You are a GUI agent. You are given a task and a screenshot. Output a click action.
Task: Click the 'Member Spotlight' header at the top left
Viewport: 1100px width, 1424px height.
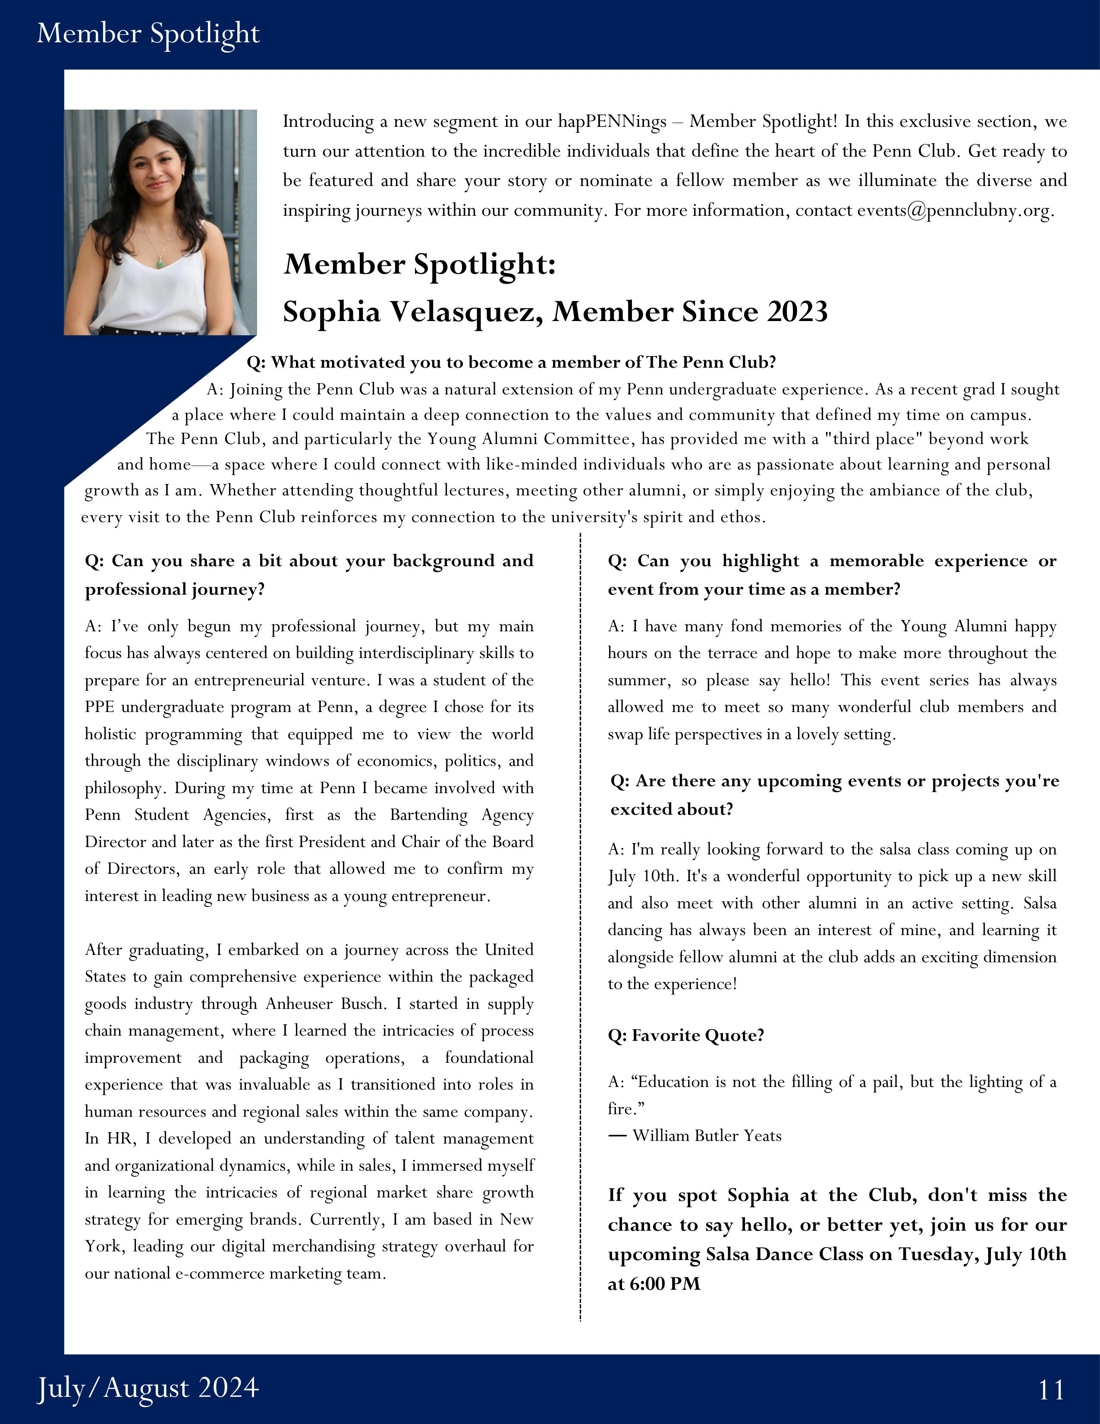[148, 33]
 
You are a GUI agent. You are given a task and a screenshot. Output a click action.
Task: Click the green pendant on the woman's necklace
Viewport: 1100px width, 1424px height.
[158, 263]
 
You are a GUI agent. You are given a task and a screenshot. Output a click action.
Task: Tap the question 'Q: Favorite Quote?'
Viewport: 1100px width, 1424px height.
[685, 1035]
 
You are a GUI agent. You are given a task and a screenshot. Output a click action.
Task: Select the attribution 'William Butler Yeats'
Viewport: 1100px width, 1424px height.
[707, 1135]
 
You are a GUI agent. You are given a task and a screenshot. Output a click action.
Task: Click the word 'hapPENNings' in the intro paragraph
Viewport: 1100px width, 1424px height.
[612, 122]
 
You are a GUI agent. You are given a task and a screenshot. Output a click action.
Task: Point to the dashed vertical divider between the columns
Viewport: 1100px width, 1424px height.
[580, 913]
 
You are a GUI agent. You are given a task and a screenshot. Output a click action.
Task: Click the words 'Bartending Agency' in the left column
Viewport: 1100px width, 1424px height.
[462, 815]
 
